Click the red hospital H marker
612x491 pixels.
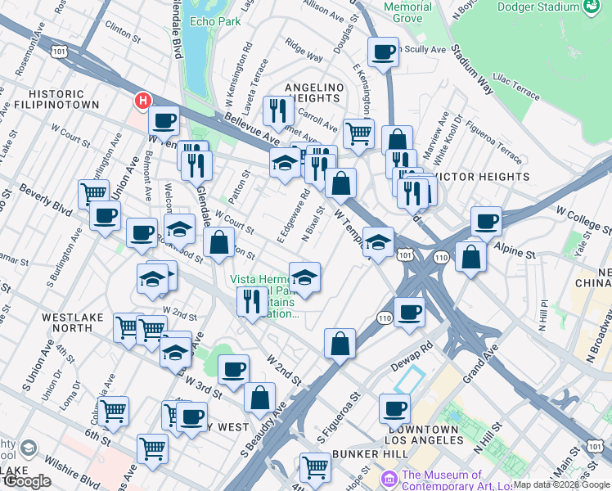click(x=143, y=101)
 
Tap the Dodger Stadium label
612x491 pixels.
click(x=540, y=7)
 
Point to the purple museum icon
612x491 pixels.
click(x=389, y=476)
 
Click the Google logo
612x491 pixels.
click(x=27, y=481)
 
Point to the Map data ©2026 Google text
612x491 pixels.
click(x=560, y=484)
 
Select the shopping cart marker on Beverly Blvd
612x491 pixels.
click(x=93, y=193)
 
